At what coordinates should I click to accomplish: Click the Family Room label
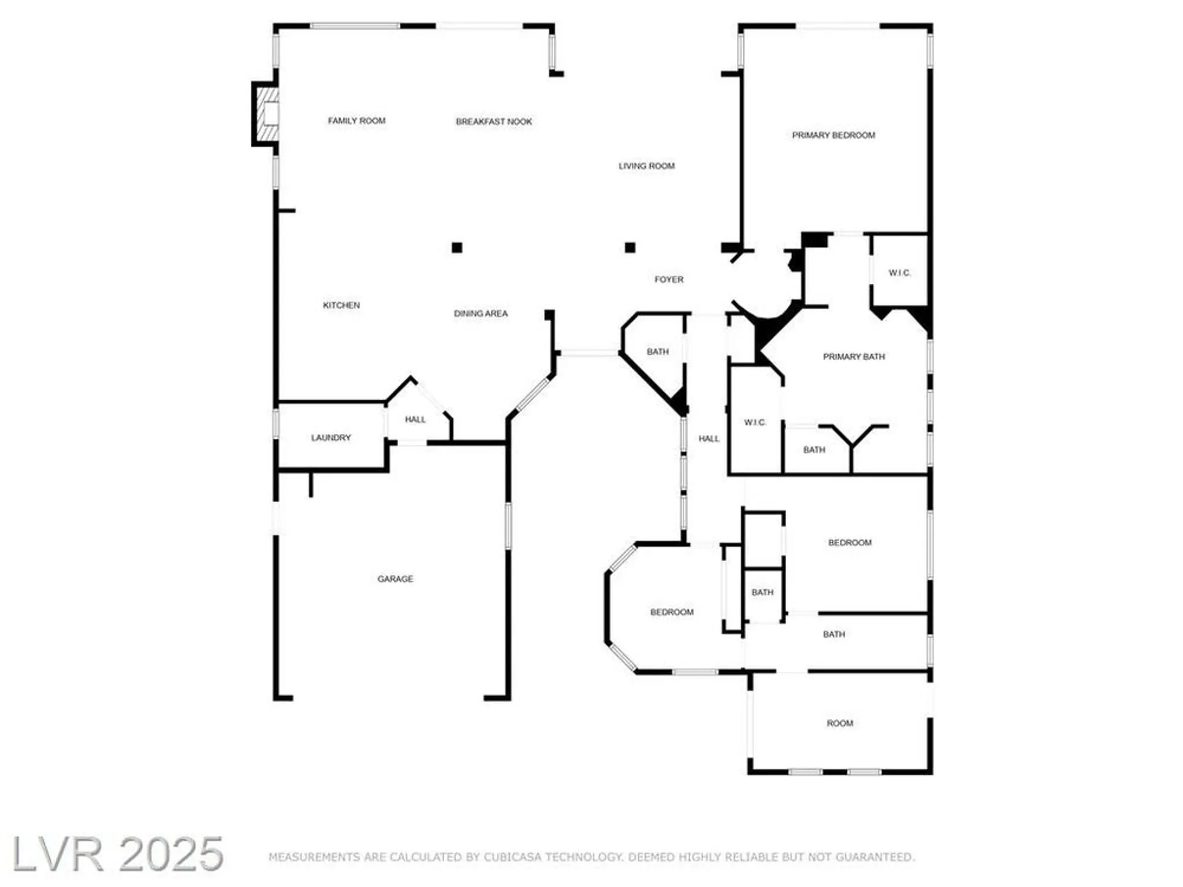pyautogui.click(x=357, y=121)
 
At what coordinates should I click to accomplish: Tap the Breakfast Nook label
pyautogui.click(x=494, y=122)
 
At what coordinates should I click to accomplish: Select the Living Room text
pyautogui.click(x=647, y=166)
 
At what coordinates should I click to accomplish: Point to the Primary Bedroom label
pyautogui.click(x=833, y=135)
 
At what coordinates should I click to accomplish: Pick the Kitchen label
pyautogui.click(x=341, y=305)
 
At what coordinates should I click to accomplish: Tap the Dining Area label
pyautogui.click(x=481, y=313)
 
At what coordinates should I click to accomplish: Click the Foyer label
pyautogui.click(x=669, y=279)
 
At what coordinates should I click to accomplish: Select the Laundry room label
pyautogui.click(x=331, y=438)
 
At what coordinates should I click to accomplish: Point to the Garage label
pyautogui.click(x=395, y=579)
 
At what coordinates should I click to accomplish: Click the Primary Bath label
pyautogui.click(x=854, y=357)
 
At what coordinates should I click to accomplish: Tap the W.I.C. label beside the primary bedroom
pyautogui.click(x=900, y=273)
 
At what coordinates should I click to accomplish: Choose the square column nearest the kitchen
pyautogui.click(x=457, y=247)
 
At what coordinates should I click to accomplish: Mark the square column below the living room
pyautogui.click(x=630, y=247)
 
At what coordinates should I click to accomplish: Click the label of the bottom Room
pyautogui.click(x=840, y=723)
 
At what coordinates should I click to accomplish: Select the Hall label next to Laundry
pyautogui.click(x=415, y=419)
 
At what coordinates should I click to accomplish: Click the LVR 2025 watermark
pyautogui.click(x=118, y=854)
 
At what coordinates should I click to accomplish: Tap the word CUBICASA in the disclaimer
pyautogui.click(x=512, y=857)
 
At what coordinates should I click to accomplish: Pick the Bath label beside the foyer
pyautogui.click(x=657, y=352)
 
